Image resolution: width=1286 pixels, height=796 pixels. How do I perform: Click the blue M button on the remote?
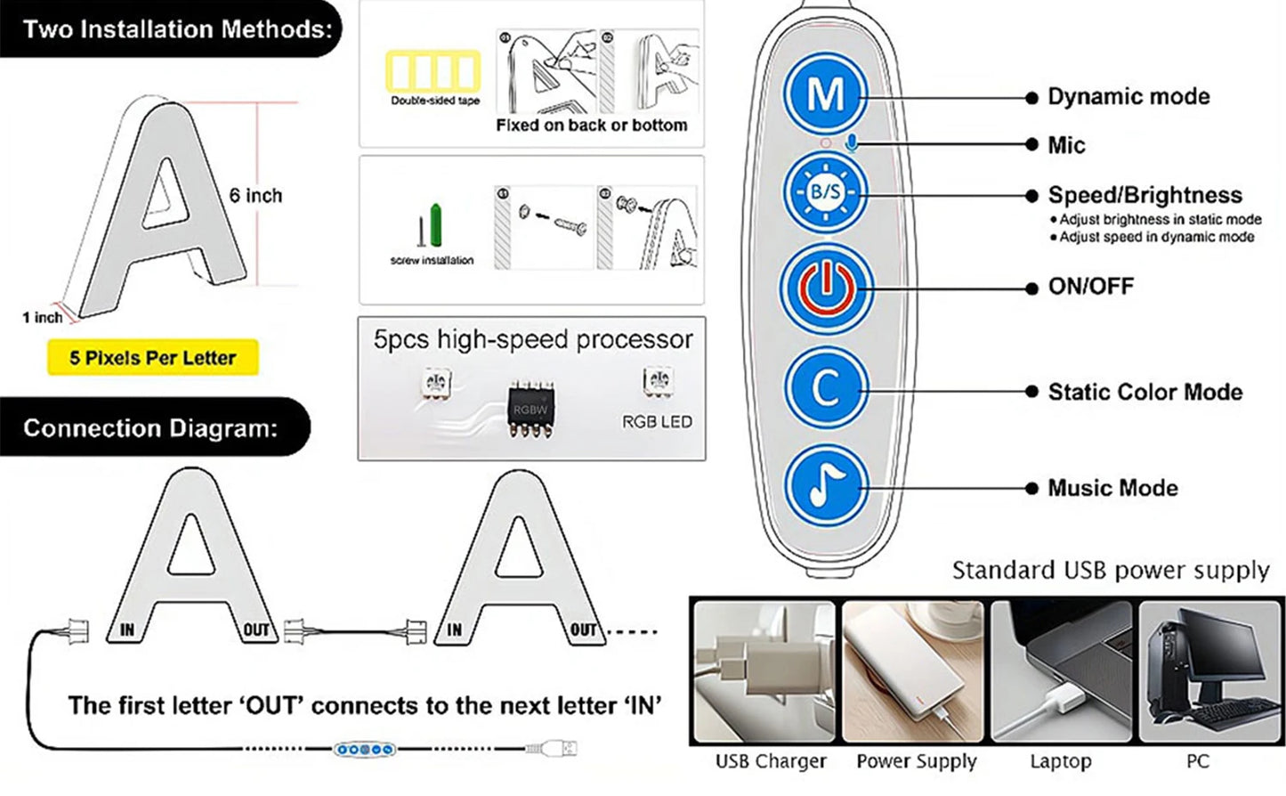pyautogui.click(x=825, y=94)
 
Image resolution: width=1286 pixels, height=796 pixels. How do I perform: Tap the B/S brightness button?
pyautogui.click(x=825, y=191)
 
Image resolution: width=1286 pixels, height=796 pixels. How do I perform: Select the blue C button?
pyautogui.click(x=825, y=387)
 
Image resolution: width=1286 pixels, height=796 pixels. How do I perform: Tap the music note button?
pyautogui.click(x=825, y=486)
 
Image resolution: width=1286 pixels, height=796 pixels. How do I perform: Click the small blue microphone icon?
pyautogui.click(x=853, y=142)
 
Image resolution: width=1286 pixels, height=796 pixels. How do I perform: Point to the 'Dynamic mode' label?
pyautogui.click(x=1128, y=96)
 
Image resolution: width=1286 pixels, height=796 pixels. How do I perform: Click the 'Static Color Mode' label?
pyautogui.click(x=1144, y=392)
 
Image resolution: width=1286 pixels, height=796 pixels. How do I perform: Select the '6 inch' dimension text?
pyautogui.click(x=255, y=196)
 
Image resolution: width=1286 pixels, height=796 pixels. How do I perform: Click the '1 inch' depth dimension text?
pyautogui.click(x=42, y=317)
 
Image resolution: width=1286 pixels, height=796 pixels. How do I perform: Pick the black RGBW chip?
pyautogui.click(x=530, y=410)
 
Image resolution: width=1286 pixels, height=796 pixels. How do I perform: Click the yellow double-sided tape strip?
pyautogui.click(x=433, y=71)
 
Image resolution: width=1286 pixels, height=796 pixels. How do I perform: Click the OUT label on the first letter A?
pyautogui.click(x=256, y=630)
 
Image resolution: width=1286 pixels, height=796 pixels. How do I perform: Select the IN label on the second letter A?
pyautogui.click(x=455, y=630)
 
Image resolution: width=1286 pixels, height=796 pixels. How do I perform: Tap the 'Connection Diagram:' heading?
pyautogui.click(x=150, y=428)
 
